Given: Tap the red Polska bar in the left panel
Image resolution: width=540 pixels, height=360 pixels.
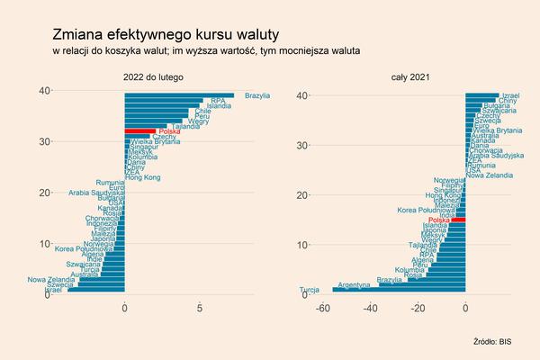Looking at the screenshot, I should coord(140,131).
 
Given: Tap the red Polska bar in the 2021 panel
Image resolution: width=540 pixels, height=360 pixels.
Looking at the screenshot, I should coord(459,220).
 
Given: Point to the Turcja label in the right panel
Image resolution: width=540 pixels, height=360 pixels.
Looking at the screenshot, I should coord(308,290).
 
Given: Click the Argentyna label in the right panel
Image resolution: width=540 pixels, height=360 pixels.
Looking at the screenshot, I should coord(351,284).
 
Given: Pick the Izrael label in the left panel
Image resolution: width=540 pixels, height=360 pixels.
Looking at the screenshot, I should coord(53,290).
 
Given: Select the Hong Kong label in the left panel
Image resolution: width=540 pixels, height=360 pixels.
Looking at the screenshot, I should coord(143,178).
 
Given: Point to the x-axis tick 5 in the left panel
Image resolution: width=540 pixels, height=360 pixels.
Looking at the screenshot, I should coord(199,309).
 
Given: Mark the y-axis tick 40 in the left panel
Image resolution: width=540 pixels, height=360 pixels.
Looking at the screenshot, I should coord(42,90).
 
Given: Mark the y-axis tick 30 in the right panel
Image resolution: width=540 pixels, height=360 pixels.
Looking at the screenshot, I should coord(302,145).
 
